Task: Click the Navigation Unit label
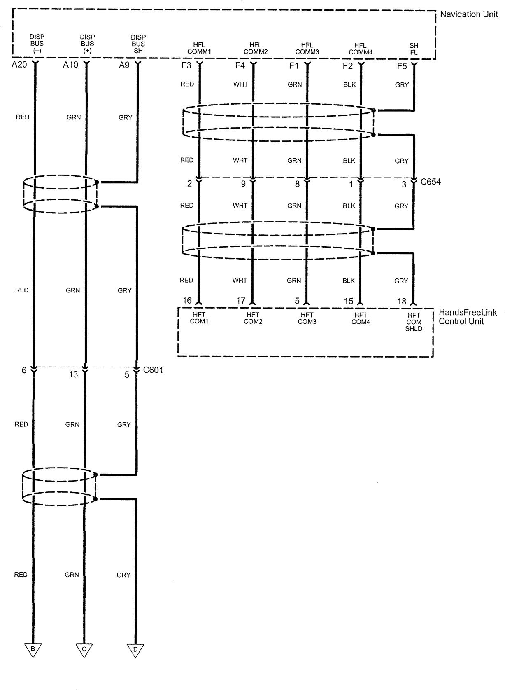click(469, 14)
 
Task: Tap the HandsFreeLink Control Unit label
click(468, 317)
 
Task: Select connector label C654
click(431, 182)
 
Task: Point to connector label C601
click(153, 370)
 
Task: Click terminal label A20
click(19, 65)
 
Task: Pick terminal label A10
click(70, 65)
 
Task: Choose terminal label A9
click(124, 65)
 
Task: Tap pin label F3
click(186, 65)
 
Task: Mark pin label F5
click(402, 66)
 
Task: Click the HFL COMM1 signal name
click(199, 49)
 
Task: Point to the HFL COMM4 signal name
click(361, 49)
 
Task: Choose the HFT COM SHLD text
click(414, 322)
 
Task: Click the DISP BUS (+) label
click(87, 44)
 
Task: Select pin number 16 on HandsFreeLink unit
click(187, 301)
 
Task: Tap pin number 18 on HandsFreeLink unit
click(402, 302)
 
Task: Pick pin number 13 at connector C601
click(73, 374)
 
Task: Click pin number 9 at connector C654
click(243, 184)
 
